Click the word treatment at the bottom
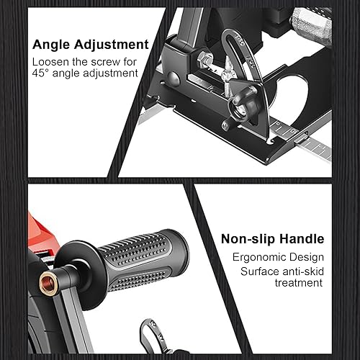(296, 283)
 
